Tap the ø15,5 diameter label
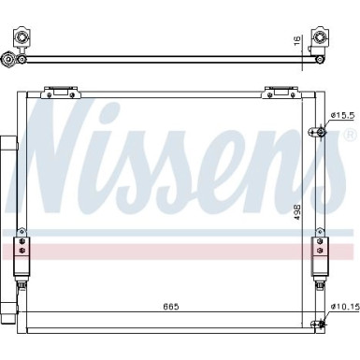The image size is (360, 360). (x=342, y=116)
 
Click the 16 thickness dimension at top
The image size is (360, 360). (x=298, y=41)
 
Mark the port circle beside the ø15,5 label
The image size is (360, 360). (x=320, y=130)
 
